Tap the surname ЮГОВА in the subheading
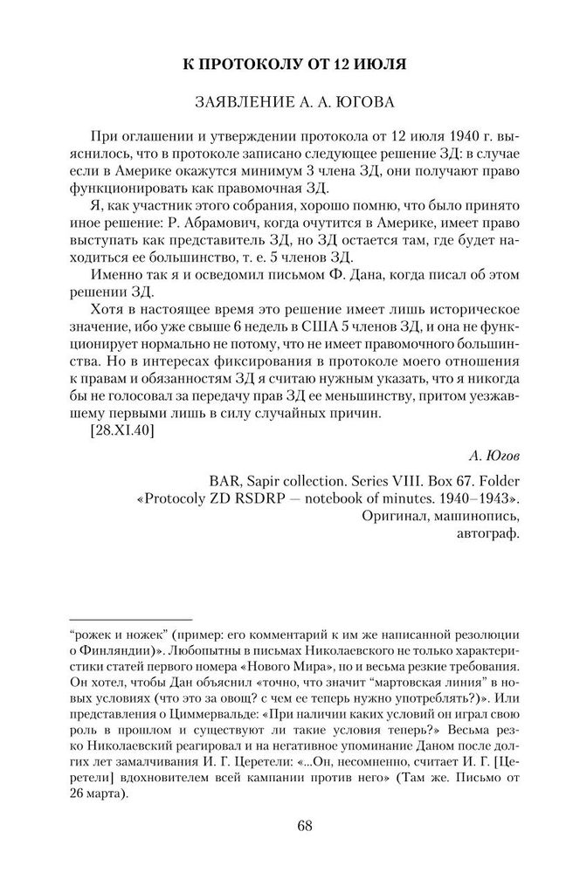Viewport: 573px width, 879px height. pos(365,103)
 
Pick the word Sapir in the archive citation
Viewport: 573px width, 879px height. pos(273,478)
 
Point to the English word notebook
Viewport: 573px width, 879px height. pos(342,498)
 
